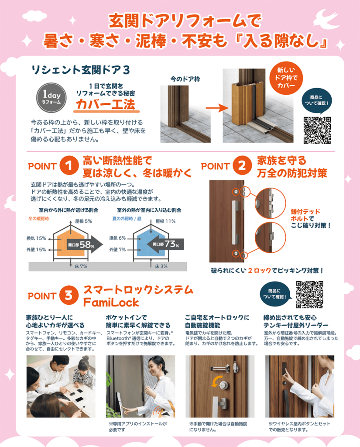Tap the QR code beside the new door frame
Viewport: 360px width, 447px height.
tap(317, 130)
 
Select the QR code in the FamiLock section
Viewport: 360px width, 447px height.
tap(309, 295)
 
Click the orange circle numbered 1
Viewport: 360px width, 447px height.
tap(69, 165)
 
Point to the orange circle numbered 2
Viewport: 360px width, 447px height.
tap(242, 165)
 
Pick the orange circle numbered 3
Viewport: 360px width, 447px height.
tap(69, 295)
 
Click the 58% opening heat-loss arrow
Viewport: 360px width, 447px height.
tap(85, 244)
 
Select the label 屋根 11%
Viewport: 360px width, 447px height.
tap(165, 221)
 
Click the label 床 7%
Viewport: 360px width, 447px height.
tap(81, 266)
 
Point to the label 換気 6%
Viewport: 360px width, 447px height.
tap(117, 238)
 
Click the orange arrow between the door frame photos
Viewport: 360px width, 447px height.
tap(217, 108)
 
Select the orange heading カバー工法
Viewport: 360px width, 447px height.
tap(106, 104)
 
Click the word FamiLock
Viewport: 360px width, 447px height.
tap(111, 303)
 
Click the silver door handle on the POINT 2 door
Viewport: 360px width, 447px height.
tap(235, 221)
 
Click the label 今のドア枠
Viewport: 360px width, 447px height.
tap(185, 79)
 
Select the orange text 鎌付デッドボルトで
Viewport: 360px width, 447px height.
tap(305, 215)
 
